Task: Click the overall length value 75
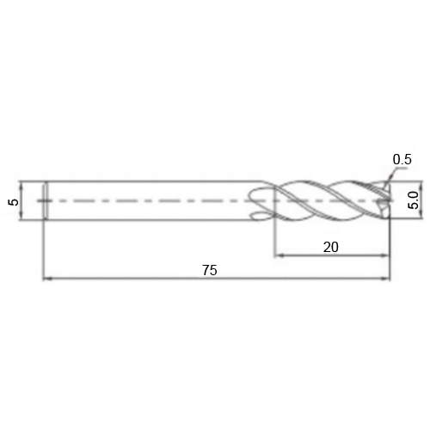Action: pos(210,270)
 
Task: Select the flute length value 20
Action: pos(330,247)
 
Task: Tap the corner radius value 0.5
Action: pos(402,159)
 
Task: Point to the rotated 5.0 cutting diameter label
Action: pos(414,200)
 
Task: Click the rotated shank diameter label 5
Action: pos(14,202)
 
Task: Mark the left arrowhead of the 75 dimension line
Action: pos(46,278)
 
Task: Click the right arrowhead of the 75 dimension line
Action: pos(386,278)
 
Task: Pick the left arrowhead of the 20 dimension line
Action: pos(279,255)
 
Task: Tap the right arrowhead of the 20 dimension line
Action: pos(386,255)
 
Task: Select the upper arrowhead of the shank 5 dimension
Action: pos(21,185)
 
